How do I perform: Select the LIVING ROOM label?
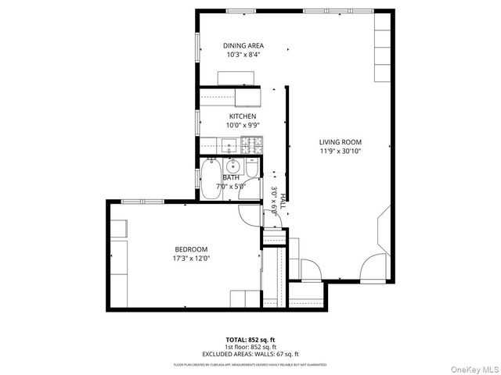pos(341,141)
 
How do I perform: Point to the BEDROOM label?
pos(191,249)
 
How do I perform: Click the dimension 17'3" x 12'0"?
pos(191,259)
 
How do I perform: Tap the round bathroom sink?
pos(232,166)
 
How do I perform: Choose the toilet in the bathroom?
pos(251,170)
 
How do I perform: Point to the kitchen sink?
pos(228,145)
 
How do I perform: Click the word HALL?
pos(283,202)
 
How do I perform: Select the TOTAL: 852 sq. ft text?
pos(250,340)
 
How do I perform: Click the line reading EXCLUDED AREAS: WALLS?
pos(250,354)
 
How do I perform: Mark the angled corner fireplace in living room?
pos(384,232)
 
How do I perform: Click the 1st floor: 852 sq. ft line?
pos(250,347)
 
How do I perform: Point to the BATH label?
pos(230,177)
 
